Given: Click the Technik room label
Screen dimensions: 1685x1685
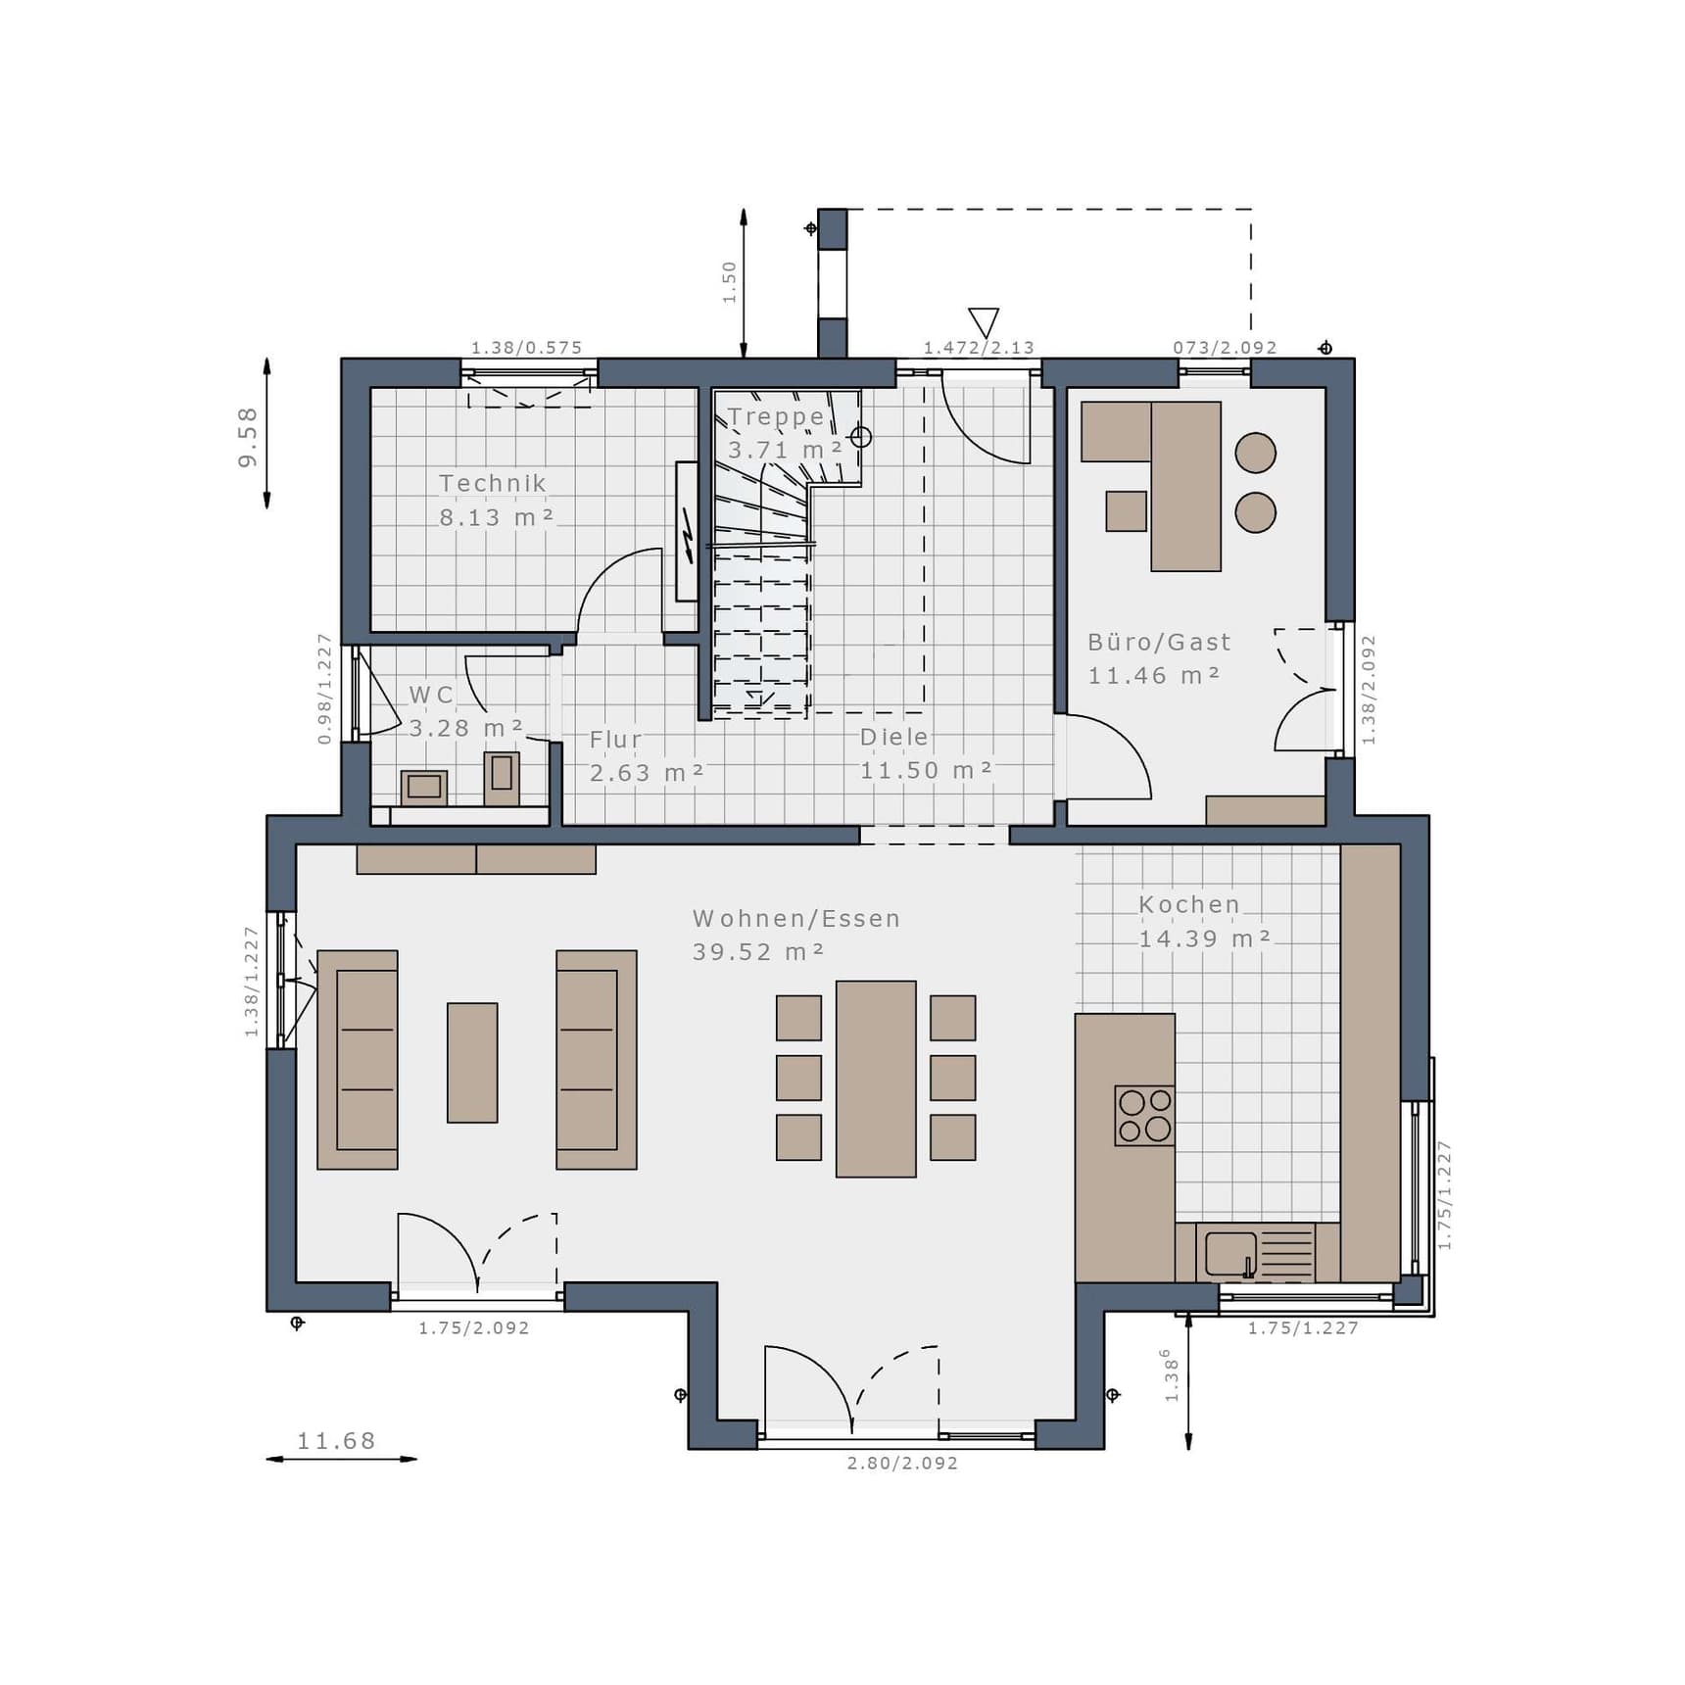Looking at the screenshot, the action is (493, 483).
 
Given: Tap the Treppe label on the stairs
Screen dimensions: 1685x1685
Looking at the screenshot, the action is (776, 416).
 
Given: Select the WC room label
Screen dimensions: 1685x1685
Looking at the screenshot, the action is (431, 695).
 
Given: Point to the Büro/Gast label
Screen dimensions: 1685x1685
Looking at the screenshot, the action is (1159, 642).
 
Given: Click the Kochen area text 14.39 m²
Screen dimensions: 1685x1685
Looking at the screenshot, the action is (1205, 939).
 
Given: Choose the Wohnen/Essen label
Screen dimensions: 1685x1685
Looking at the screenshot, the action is (796, 919).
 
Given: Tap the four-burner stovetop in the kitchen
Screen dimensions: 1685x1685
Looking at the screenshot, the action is (1144, 1115).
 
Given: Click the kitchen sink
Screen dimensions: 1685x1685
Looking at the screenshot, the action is (1230, 1253).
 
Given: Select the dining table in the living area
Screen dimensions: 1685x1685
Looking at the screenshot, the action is (876, 1079).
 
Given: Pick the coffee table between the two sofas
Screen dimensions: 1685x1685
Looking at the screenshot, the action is (472, 1062).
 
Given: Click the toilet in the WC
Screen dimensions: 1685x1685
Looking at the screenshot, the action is (502, 778).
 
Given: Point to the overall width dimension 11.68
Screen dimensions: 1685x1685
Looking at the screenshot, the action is (336, 1441).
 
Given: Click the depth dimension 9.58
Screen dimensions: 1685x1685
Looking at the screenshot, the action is (248, 437).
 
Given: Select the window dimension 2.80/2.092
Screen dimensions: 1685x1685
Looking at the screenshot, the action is (902, 1463).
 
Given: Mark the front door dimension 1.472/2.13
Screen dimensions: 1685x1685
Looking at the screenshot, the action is (979, 347).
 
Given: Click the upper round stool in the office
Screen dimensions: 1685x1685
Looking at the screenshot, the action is (1255, 453).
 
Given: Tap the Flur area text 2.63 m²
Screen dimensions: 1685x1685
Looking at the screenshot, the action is (647, 773).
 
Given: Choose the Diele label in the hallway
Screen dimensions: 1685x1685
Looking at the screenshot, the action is (893, 737).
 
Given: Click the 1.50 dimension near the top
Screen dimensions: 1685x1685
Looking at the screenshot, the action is (729, 282).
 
